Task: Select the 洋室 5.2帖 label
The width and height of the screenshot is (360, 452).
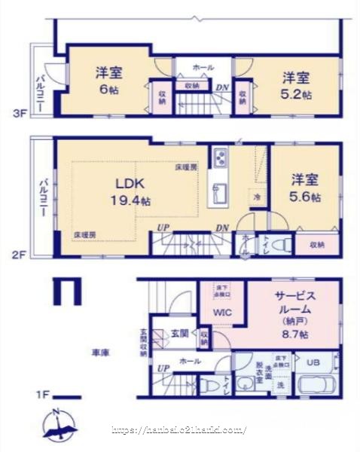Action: [296, 84]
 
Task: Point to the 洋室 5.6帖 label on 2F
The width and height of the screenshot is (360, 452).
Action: [306, 188]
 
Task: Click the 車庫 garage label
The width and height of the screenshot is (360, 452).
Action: [101, 352]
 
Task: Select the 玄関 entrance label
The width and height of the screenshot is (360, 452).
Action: [179, 332]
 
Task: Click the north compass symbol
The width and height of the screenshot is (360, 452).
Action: [59, 426]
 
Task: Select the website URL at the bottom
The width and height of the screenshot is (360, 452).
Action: [178, 430]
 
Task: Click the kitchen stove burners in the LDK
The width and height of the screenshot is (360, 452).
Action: [220, 160]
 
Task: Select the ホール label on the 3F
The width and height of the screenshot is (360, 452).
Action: [203, 67]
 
